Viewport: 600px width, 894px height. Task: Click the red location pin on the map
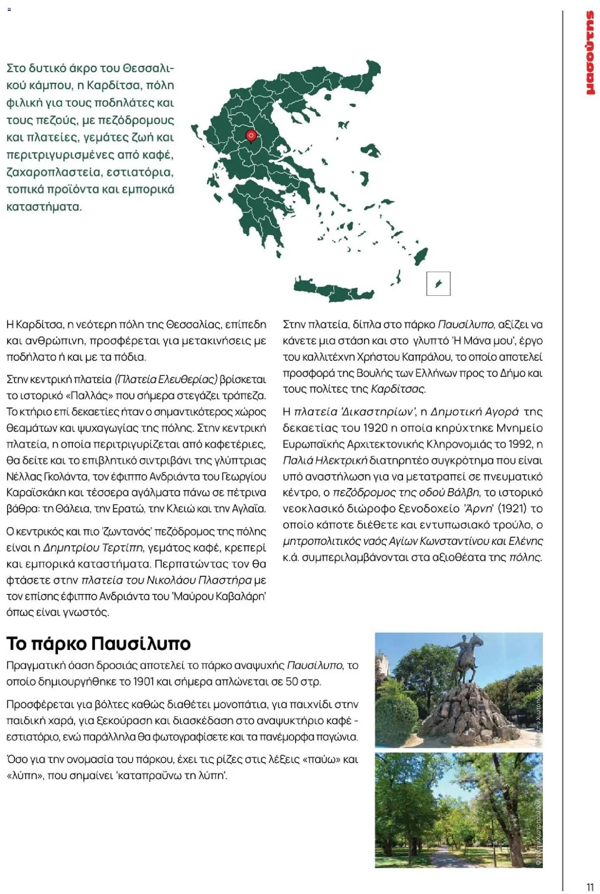251,136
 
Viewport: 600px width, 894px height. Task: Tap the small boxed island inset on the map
438,284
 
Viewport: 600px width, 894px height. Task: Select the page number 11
590,876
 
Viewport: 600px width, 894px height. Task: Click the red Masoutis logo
590,53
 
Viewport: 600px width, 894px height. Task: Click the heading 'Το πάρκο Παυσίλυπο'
98,643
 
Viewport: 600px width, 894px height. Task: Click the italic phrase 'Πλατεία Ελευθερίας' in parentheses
166,379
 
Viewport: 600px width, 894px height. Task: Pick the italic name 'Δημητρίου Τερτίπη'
93,548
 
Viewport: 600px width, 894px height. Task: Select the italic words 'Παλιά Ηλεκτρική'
325,460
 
